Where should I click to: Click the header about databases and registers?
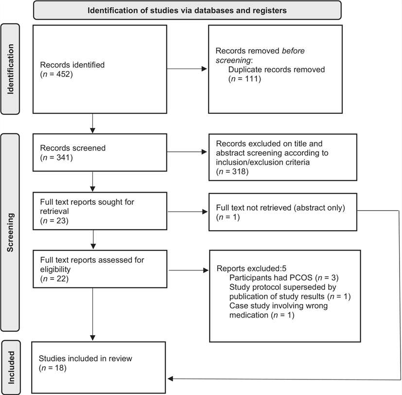(187, 10)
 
